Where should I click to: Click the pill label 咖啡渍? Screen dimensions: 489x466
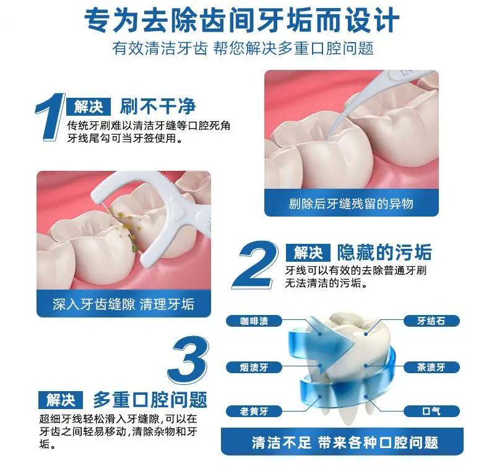coord(254,321)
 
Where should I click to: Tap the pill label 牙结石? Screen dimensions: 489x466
coord(431,321)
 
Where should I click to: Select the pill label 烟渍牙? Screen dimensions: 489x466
coord(254,367)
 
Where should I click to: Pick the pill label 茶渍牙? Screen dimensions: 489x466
coord(431,367)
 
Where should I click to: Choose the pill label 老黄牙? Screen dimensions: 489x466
coord(254,412)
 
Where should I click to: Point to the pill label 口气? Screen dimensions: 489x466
coord(431,412)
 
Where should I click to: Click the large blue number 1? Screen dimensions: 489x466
coord(51,118)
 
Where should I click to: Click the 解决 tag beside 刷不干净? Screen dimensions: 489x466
coord(89,107)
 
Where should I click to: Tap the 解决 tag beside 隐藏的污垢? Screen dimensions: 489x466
coord(308,252)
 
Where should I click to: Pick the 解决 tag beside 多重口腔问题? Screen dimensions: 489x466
coord(61,400)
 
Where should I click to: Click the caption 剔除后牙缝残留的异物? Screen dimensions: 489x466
coord(351,204)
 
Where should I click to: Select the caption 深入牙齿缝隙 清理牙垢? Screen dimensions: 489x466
coord(124,304)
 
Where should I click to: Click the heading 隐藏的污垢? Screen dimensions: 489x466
coord(384,252)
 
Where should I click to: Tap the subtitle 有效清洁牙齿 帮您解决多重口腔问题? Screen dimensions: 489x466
coord(243,49)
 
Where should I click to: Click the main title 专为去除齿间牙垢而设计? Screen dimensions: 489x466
coord(242,20)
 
